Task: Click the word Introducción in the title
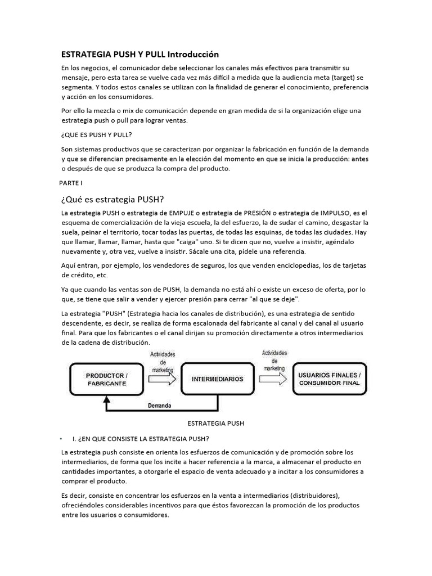(x=191, y=55)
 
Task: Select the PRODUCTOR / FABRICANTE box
(x=106, y=379)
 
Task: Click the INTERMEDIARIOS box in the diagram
(x=218, y=379)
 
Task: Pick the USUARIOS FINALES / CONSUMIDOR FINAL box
(x=330, y=379)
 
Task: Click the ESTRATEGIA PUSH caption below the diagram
(x=214, y=422)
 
